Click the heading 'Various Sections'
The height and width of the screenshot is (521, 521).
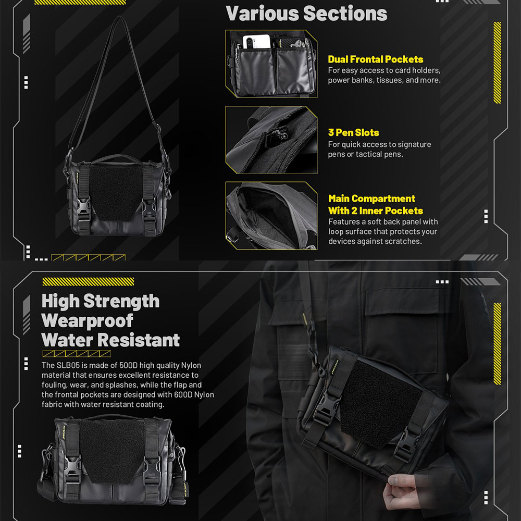coord(306,13)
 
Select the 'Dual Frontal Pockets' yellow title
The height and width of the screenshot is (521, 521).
coord(375,59)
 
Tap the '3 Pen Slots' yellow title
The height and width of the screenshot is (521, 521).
coord(353,132)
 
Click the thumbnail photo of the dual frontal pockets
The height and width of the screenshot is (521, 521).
coord(271,64)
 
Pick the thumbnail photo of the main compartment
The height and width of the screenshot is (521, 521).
coord(271,215)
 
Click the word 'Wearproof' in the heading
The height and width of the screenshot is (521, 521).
coord(87,320)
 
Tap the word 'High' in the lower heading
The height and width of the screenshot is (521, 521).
coord(60,301)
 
